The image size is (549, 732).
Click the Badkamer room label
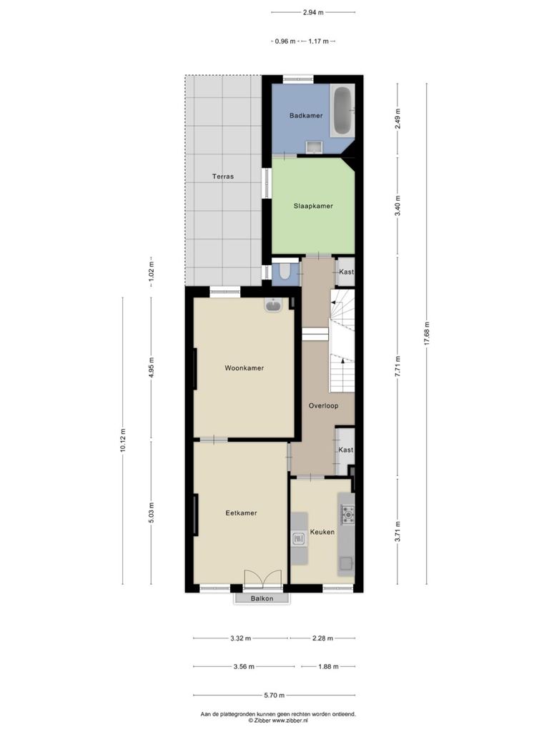point(306,115)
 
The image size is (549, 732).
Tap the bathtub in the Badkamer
point(342,111)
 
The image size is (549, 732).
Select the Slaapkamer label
point(313,206)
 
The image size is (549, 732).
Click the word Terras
point(223,177)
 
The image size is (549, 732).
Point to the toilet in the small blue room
point(284,272)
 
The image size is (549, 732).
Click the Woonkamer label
point(244,368)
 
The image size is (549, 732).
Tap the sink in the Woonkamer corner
point(273,305)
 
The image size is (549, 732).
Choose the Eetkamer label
point(242,513)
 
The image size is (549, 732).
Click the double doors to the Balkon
point(263,578)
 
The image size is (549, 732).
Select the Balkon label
point(262,598)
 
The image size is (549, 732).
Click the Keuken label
point(322,532)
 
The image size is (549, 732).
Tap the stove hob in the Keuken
point(348,514)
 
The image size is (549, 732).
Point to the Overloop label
point(324,406)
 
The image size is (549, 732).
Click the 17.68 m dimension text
point(426,334)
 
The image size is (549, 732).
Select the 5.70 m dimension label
point(274,695)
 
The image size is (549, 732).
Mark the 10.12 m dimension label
point(123,440)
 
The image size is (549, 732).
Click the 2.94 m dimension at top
point(313,13)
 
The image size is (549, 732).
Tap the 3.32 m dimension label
point(240,638)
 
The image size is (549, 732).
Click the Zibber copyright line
point(278,721)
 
